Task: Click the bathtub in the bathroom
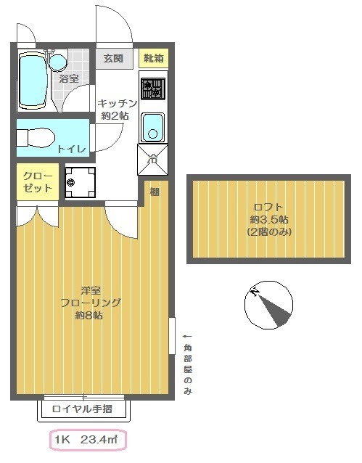[x=33, y=81]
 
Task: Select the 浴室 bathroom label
[x=69, y=79]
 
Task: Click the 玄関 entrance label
[x=113, y=58]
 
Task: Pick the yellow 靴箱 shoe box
[x=154, y=59]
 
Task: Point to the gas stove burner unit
[x=152, y=89]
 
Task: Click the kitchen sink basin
[x=152, y=127]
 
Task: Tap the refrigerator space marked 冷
[x=152, y=160]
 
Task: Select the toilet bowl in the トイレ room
[x=36, y=138]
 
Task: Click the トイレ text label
[x=71, y=149]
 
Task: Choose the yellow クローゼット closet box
[x=38, y=181]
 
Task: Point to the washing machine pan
[x=80, y=182]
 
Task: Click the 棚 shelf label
[x=155, y=192]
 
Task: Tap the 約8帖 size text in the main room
[x=89, y=316]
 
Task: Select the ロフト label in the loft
[x=268, y=207]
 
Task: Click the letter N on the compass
[x=255, y=292]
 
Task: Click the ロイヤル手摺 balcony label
[x=82, y=409]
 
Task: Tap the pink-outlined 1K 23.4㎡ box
[x=88, y=440]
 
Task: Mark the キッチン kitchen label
[x=118, y=103]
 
